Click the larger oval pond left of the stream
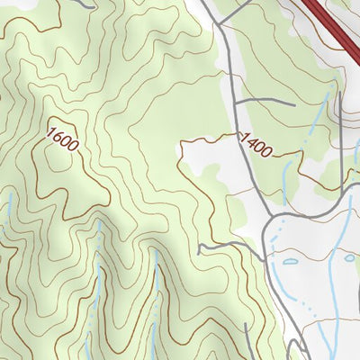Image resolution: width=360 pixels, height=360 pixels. (x=290, y=262)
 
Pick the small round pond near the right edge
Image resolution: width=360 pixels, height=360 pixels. (x=349, y=258)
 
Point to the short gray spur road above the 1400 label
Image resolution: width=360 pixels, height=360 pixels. (x=266, y=101)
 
